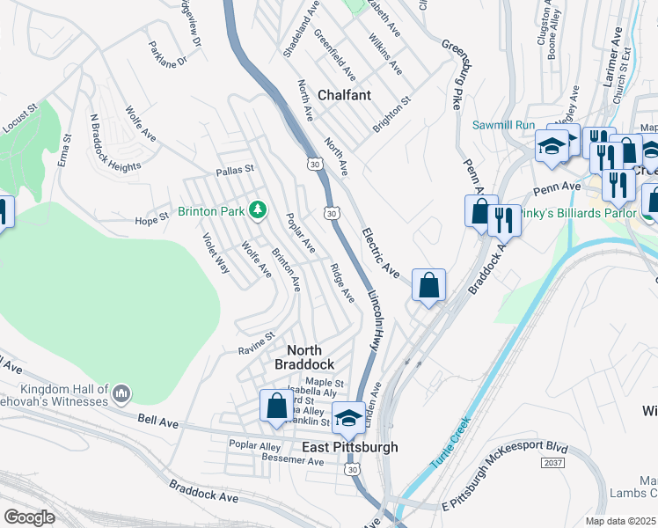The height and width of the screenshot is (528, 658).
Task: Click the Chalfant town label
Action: [344, 94]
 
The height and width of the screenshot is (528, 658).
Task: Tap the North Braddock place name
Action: [303, 357]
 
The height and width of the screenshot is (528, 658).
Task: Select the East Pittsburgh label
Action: [349, 447]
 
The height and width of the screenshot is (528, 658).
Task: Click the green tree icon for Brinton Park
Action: [258, 209]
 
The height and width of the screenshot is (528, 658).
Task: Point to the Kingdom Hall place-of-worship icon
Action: [121, 392]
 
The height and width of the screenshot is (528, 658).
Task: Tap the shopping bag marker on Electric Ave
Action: [428, 285]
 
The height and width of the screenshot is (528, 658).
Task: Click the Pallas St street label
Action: [235, 169]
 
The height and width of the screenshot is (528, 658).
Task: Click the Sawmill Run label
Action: [502, 125]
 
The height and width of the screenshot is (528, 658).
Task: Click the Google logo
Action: [29, 517]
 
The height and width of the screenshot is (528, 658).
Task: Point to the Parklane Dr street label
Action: [168, 55]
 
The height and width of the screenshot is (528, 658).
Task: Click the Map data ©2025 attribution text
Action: [620, 521]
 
